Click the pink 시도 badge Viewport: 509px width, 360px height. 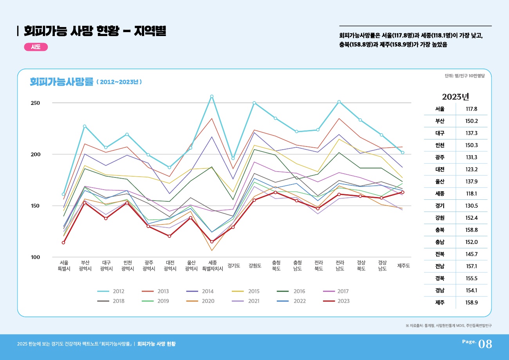click(x=36, y=47)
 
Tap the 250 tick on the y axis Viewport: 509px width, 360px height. click(x=36, y=103)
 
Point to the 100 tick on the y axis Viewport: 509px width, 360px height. click(x=36, y=257)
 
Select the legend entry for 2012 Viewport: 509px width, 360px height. click(x=111, y=291)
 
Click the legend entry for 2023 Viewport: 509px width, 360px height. click(x=336, y=301)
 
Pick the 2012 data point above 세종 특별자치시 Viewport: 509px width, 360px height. click(x=212, y=96)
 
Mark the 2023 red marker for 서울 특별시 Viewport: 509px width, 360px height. click(x=63, y=242)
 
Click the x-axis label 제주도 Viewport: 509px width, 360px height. click(x=403, y=266)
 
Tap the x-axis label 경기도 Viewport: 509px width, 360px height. click(x=234, y=266)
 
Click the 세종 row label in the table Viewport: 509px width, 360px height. click(x=440, y=194)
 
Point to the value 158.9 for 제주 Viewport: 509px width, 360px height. click(x=471, y=303)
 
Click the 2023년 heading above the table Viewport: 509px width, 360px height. click(x=455, y=97)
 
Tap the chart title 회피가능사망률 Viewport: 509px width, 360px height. click(x=62, y=82)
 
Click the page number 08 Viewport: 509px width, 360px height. click(x=485, y=344)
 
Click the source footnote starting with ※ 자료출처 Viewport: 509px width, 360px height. click(x=449, y=326)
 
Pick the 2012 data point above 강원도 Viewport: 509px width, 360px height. click(x=254, y=103)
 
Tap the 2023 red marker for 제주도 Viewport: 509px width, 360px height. click(x=403, y=192)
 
